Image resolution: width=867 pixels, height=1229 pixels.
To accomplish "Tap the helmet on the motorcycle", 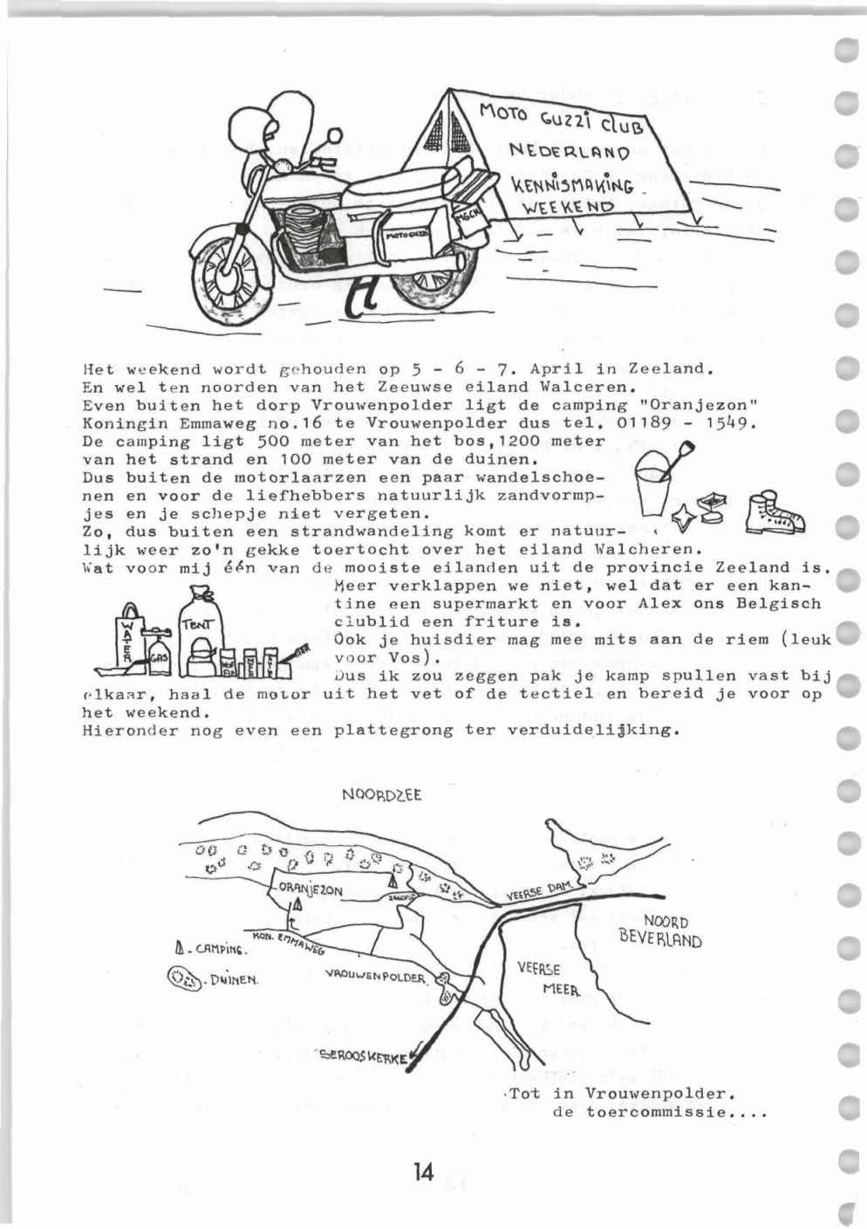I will [x=281, y=122].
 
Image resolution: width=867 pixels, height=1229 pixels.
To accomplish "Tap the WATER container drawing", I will [x=130, y=641].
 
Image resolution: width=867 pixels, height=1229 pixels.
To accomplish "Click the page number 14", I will [x=424, y=1171].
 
